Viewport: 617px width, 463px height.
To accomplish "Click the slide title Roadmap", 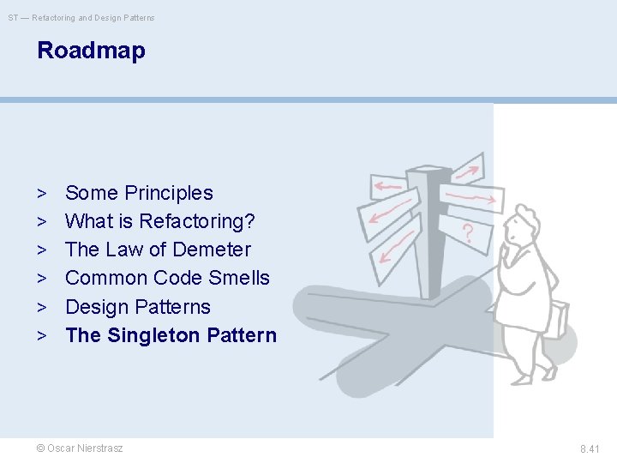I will click(91, 51).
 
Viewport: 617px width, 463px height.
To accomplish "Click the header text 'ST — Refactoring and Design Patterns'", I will click(81, 18).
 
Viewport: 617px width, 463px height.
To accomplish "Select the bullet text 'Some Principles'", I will click(139, 193).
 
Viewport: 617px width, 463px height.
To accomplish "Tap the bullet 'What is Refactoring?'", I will click(160, 221).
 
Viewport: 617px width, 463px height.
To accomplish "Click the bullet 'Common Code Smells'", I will click(167, 278).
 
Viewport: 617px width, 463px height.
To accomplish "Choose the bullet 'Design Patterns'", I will click(137, 307).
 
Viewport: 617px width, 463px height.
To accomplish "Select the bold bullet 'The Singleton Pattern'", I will click(171, 335).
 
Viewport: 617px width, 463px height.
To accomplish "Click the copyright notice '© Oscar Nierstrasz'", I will click(80, 448).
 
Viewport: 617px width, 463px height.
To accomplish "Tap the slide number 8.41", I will click(590, 448).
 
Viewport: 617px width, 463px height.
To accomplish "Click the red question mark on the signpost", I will click(468, 232).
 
